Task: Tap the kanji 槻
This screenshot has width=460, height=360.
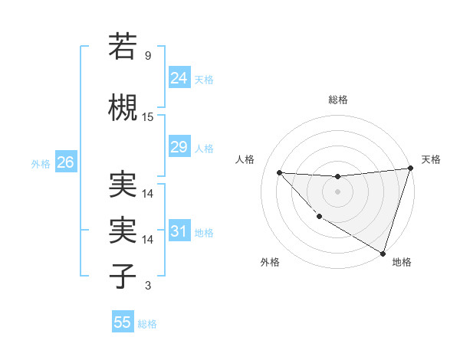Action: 123,107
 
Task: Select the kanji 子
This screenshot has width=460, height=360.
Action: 123,276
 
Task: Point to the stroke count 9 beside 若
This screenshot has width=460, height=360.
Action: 147,56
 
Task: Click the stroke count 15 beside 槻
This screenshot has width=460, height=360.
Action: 148,117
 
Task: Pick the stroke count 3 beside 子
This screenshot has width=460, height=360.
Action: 147,286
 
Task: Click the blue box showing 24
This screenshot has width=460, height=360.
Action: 179,77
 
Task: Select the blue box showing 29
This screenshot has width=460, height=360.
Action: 179,147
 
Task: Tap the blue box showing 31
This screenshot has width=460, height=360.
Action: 179,231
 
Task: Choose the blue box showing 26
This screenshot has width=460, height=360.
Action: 65,162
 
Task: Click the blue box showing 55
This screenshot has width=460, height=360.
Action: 123,322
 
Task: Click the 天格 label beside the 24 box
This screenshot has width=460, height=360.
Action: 204,79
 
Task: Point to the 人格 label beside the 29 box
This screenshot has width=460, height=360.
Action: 204,149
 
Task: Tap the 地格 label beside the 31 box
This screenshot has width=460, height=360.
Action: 204,233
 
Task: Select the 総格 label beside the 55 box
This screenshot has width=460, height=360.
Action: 147,324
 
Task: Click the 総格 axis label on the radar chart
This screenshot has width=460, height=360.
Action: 337,100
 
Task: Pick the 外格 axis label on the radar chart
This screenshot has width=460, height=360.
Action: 270,262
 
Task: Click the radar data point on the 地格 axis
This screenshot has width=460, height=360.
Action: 383,254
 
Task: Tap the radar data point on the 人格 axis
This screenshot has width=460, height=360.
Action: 279,172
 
